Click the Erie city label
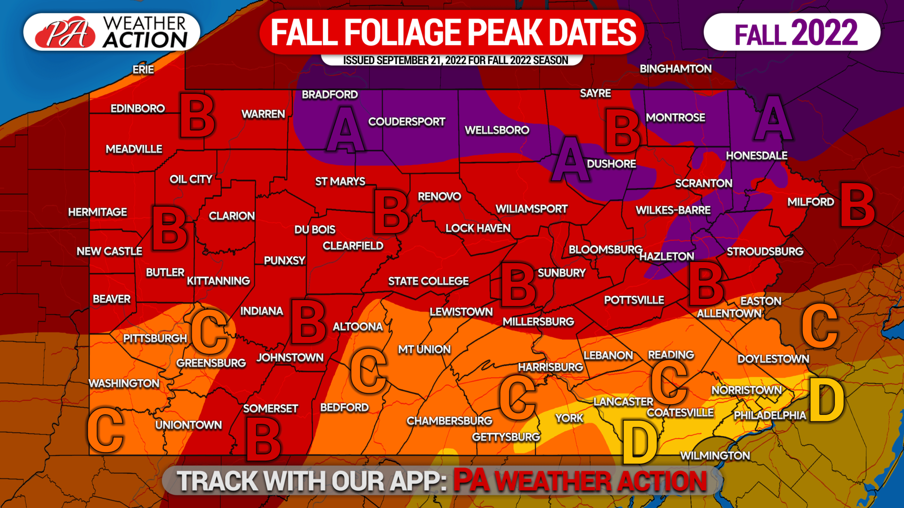143,70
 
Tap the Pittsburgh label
155,338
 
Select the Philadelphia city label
770,415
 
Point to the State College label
428,281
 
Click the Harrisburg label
550,367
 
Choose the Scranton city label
703,183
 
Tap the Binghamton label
675,69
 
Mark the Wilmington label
715,455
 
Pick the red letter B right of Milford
857,205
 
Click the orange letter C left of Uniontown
106,430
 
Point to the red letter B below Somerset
263,440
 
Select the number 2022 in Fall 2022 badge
824,33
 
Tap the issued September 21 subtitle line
455,60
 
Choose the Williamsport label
531,209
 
